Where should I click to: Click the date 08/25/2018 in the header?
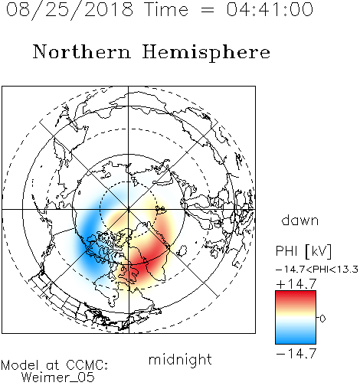pos(70,10)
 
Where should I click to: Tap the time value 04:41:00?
pos(270,10)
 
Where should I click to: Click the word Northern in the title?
pos(82,51)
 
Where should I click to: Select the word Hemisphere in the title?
pos(206,52)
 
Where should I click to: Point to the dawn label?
pos(300,220)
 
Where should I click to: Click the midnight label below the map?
pos(180,360)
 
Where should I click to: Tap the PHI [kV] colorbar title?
pos(303,251)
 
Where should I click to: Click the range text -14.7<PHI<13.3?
pos(317,270)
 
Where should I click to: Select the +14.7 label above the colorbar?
pos(296,284)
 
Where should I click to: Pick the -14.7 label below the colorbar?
pos(296,353)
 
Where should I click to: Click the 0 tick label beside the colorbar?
pos(322,319)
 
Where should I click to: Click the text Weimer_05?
pos(58,377)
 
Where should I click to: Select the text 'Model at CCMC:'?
pos(54,365)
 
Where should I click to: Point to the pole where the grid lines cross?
pos(129,209)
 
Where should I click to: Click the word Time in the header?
pos(166,9)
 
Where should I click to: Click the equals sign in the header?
pos(208,10)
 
